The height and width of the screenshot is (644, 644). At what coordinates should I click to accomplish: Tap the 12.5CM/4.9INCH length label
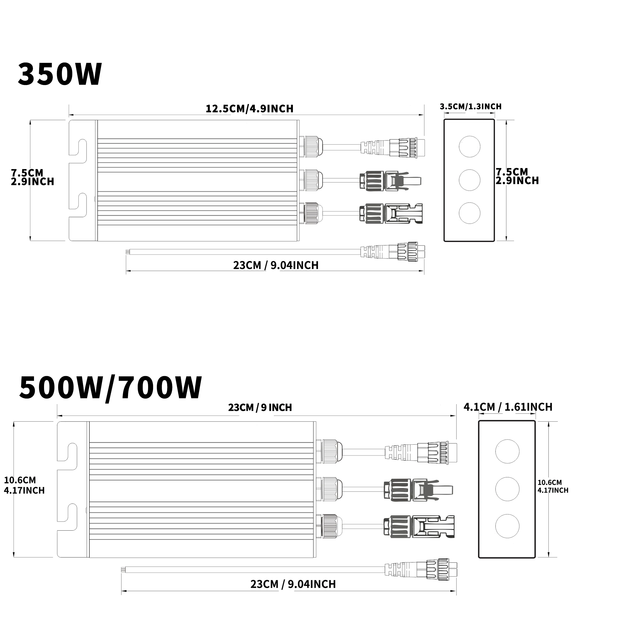249,109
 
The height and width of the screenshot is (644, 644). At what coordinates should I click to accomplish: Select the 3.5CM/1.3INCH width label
470,107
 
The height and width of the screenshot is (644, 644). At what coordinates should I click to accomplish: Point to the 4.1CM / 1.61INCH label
508,407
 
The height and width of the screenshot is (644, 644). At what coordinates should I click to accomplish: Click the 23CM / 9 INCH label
260,407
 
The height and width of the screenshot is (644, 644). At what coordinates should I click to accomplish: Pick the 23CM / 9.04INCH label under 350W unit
276,265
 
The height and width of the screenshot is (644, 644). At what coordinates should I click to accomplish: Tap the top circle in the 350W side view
469,146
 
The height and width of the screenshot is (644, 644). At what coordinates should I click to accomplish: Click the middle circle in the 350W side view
469,180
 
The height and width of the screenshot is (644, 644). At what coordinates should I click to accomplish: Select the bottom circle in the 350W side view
469,213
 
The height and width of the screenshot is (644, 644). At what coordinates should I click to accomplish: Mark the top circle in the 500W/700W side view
507,451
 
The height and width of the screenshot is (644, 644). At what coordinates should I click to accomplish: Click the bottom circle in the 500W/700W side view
507,526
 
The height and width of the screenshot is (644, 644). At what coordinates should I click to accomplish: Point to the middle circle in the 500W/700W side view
507,489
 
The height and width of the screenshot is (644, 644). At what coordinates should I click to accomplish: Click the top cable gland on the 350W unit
311,146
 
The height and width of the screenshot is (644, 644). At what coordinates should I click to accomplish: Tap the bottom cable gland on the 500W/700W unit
329,526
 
